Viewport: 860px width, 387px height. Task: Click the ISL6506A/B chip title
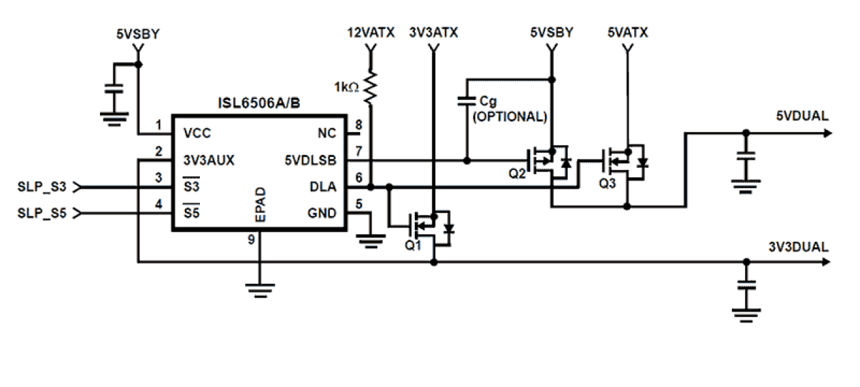pyautogui.click(x=260, y=103)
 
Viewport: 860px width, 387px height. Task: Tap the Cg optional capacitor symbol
pyautogui.click(x=466, y=101)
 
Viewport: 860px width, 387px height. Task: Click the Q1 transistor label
pyautogui.click(x=414, y=246)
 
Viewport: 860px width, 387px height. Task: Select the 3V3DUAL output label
pyautogui.click(x=799, y=247)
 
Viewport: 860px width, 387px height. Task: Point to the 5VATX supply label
pyautogui.click(x=628, y=32)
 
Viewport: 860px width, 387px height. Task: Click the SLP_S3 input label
pyautogui.click(x=42, y=186)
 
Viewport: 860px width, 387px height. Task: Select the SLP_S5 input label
pyautogui.click(x=42, y=213)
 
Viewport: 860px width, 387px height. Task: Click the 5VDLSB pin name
pyautogui.click(x=312, y=160)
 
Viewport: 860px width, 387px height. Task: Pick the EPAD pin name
pyautogui.click(x=260, y=205)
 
